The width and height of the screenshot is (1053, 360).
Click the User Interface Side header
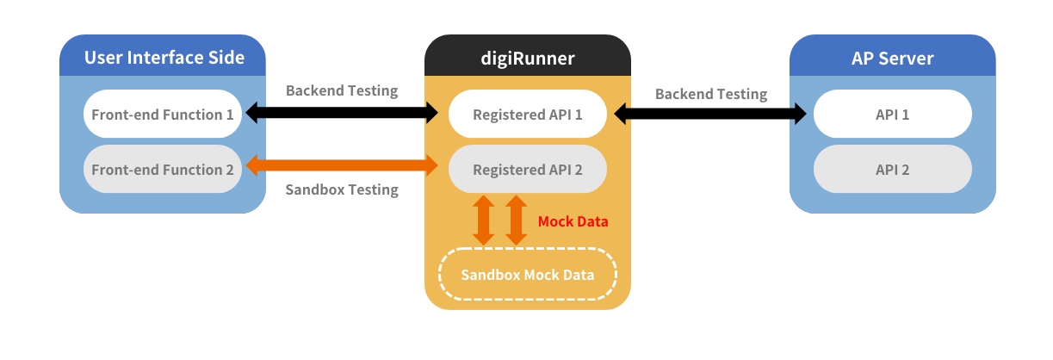(164, 58)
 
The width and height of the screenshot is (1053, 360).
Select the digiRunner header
(527, 58)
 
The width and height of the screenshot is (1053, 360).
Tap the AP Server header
(892, 58)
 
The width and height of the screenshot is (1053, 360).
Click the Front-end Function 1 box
(163, 114)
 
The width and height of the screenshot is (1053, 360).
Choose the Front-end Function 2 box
(163, 170)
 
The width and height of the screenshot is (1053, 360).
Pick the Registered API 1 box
(527, 114)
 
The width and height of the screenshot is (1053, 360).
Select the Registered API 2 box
(527, 170)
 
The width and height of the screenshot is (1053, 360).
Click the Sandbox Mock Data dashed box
(527, 275)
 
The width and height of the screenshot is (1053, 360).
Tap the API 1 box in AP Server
(892, 114)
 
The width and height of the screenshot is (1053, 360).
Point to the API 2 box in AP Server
(892, 170)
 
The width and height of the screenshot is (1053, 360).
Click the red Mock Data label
(573, 221)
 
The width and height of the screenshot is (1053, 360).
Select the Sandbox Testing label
(342, 189)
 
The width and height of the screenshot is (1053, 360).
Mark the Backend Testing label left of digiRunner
(342, 90)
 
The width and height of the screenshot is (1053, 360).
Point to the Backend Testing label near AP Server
(710, 94)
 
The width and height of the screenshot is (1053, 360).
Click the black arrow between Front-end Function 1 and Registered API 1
(342, 112)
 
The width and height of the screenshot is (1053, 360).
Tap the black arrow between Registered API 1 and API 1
(710, 113)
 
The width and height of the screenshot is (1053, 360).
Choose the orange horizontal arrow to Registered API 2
(342, 166)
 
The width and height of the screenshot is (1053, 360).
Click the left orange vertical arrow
(484, 220)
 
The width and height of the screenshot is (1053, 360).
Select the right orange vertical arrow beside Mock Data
(515, 220)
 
